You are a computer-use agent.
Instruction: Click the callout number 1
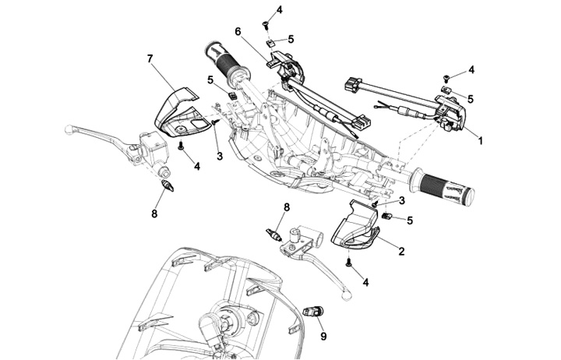point(480,140)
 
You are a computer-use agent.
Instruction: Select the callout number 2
point(401,251)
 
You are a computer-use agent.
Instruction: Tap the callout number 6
point(238,31)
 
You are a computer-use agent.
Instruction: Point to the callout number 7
point(150,58)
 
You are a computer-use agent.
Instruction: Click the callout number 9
point(323,337)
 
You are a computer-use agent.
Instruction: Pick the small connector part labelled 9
point(313,311)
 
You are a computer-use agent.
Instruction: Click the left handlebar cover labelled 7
point(180,111)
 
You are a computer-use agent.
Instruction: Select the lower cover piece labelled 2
point(355,228)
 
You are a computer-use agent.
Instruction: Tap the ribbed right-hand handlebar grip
point(443,187)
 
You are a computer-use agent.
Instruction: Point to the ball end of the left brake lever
point(69,129)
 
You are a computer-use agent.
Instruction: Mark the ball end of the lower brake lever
point(346,295)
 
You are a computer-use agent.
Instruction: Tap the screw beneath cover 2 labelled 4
point(348,263)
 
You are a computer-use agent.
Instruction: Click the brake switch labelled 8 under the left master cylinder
point(168,186)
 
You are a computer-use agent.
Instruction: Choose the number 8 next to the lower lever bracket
point(287,206)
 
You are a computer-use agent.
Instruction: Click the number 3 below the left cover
point(220,156)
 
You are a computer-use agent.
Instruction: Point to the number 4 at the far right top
point(471,70)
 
